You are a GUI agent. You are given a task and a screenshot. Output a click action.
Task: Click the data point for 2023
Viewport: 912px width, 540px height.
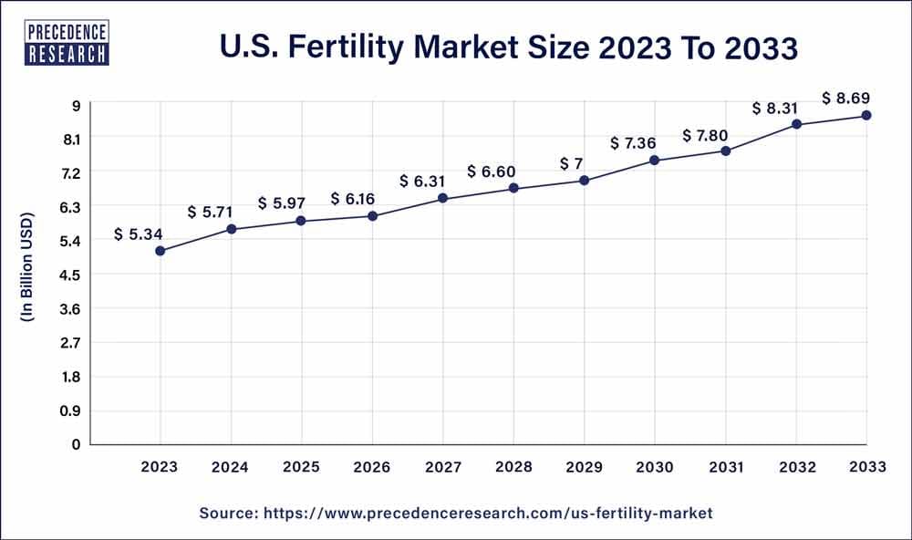[x=160, y=251]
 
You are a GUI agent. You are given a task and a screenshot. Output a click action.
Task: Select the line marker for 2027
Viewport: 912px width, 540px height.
[x=442, y=198]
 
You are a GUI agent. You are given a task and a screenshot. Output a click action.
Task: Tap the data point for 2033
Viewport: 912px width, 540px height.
[x=865, y=115]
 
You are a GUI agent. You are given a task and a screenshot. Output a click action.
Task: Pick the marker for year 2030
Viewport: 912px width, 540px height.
[x=654, y=161]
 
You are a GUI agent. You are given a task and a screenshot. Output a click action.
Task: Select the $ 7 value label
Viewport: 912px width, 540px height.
[x=568, y=163]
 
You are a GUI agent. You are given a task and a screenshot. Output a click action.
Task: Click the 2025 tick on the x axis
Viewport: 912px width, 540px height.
[x=301, y=467]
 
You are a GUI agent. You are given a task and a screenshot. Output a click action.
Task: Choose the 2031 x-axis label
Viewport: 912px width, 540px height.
[x=725, y=467]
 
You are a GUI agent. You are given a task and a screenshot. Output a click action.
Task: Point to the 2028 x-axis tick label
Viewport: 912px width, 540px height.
[x=513, y=467]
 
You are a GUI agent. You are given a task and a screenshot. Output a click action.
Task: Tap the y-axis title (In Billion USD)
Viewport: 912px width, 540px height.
[x=26, y=269]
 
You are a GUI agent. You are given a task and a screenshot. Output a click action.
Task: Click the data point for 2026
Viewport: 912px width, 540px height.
[x=372, y=216]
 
